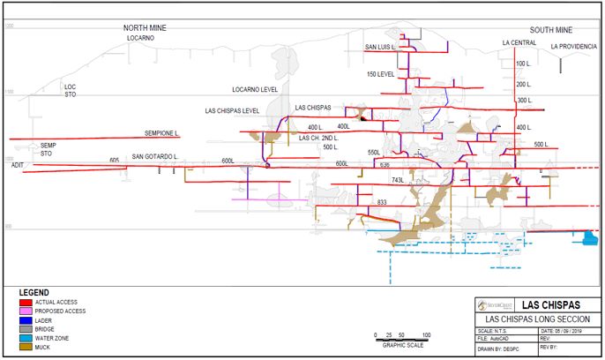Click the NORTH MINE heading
click(x=144, y=29)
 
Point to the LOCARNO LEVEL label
click(x=255, y=90)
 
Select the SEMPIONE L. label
click(x=162, y=133)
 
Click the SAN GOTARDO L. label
click(x=155, y=157)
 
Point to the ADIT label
click(x=18, y=165)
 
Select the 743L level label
click(x=396, y=180)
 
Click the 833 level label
click(x=382, y=203)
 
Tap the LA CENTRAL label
click(x=519, y=42)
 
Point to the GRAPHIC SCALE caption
click(x=401, y=345)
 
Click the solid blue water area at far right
click(x=587, y=236)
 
